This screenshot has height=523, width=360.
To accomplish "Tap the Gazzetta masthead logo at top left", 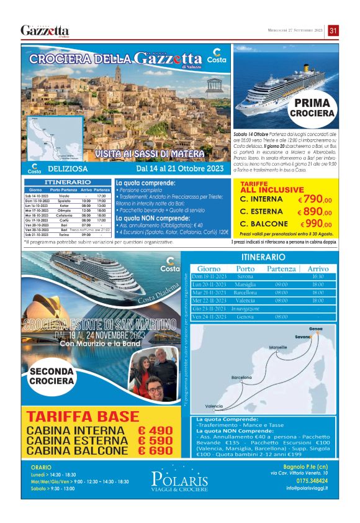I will pyautogui.click(x=45, y=30).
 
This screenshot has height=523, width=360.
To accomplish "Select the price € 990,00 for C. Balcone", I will pyautogui.click(x=316, y=224).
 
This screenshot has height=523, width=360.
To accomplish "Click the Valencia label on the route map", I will pyautogui.click(x=214, y=406).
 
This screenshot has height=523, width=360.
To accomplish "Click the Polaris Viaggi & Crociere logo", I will pyautogui.click(x=179, y=481).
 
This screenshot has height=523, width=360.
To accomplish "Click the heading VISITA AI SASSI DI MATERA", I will pyautogui.click(x=150, y=153).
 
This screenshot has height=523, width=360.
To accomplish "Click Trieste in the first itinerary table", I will pyautogui.click(x=64, y=196).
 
